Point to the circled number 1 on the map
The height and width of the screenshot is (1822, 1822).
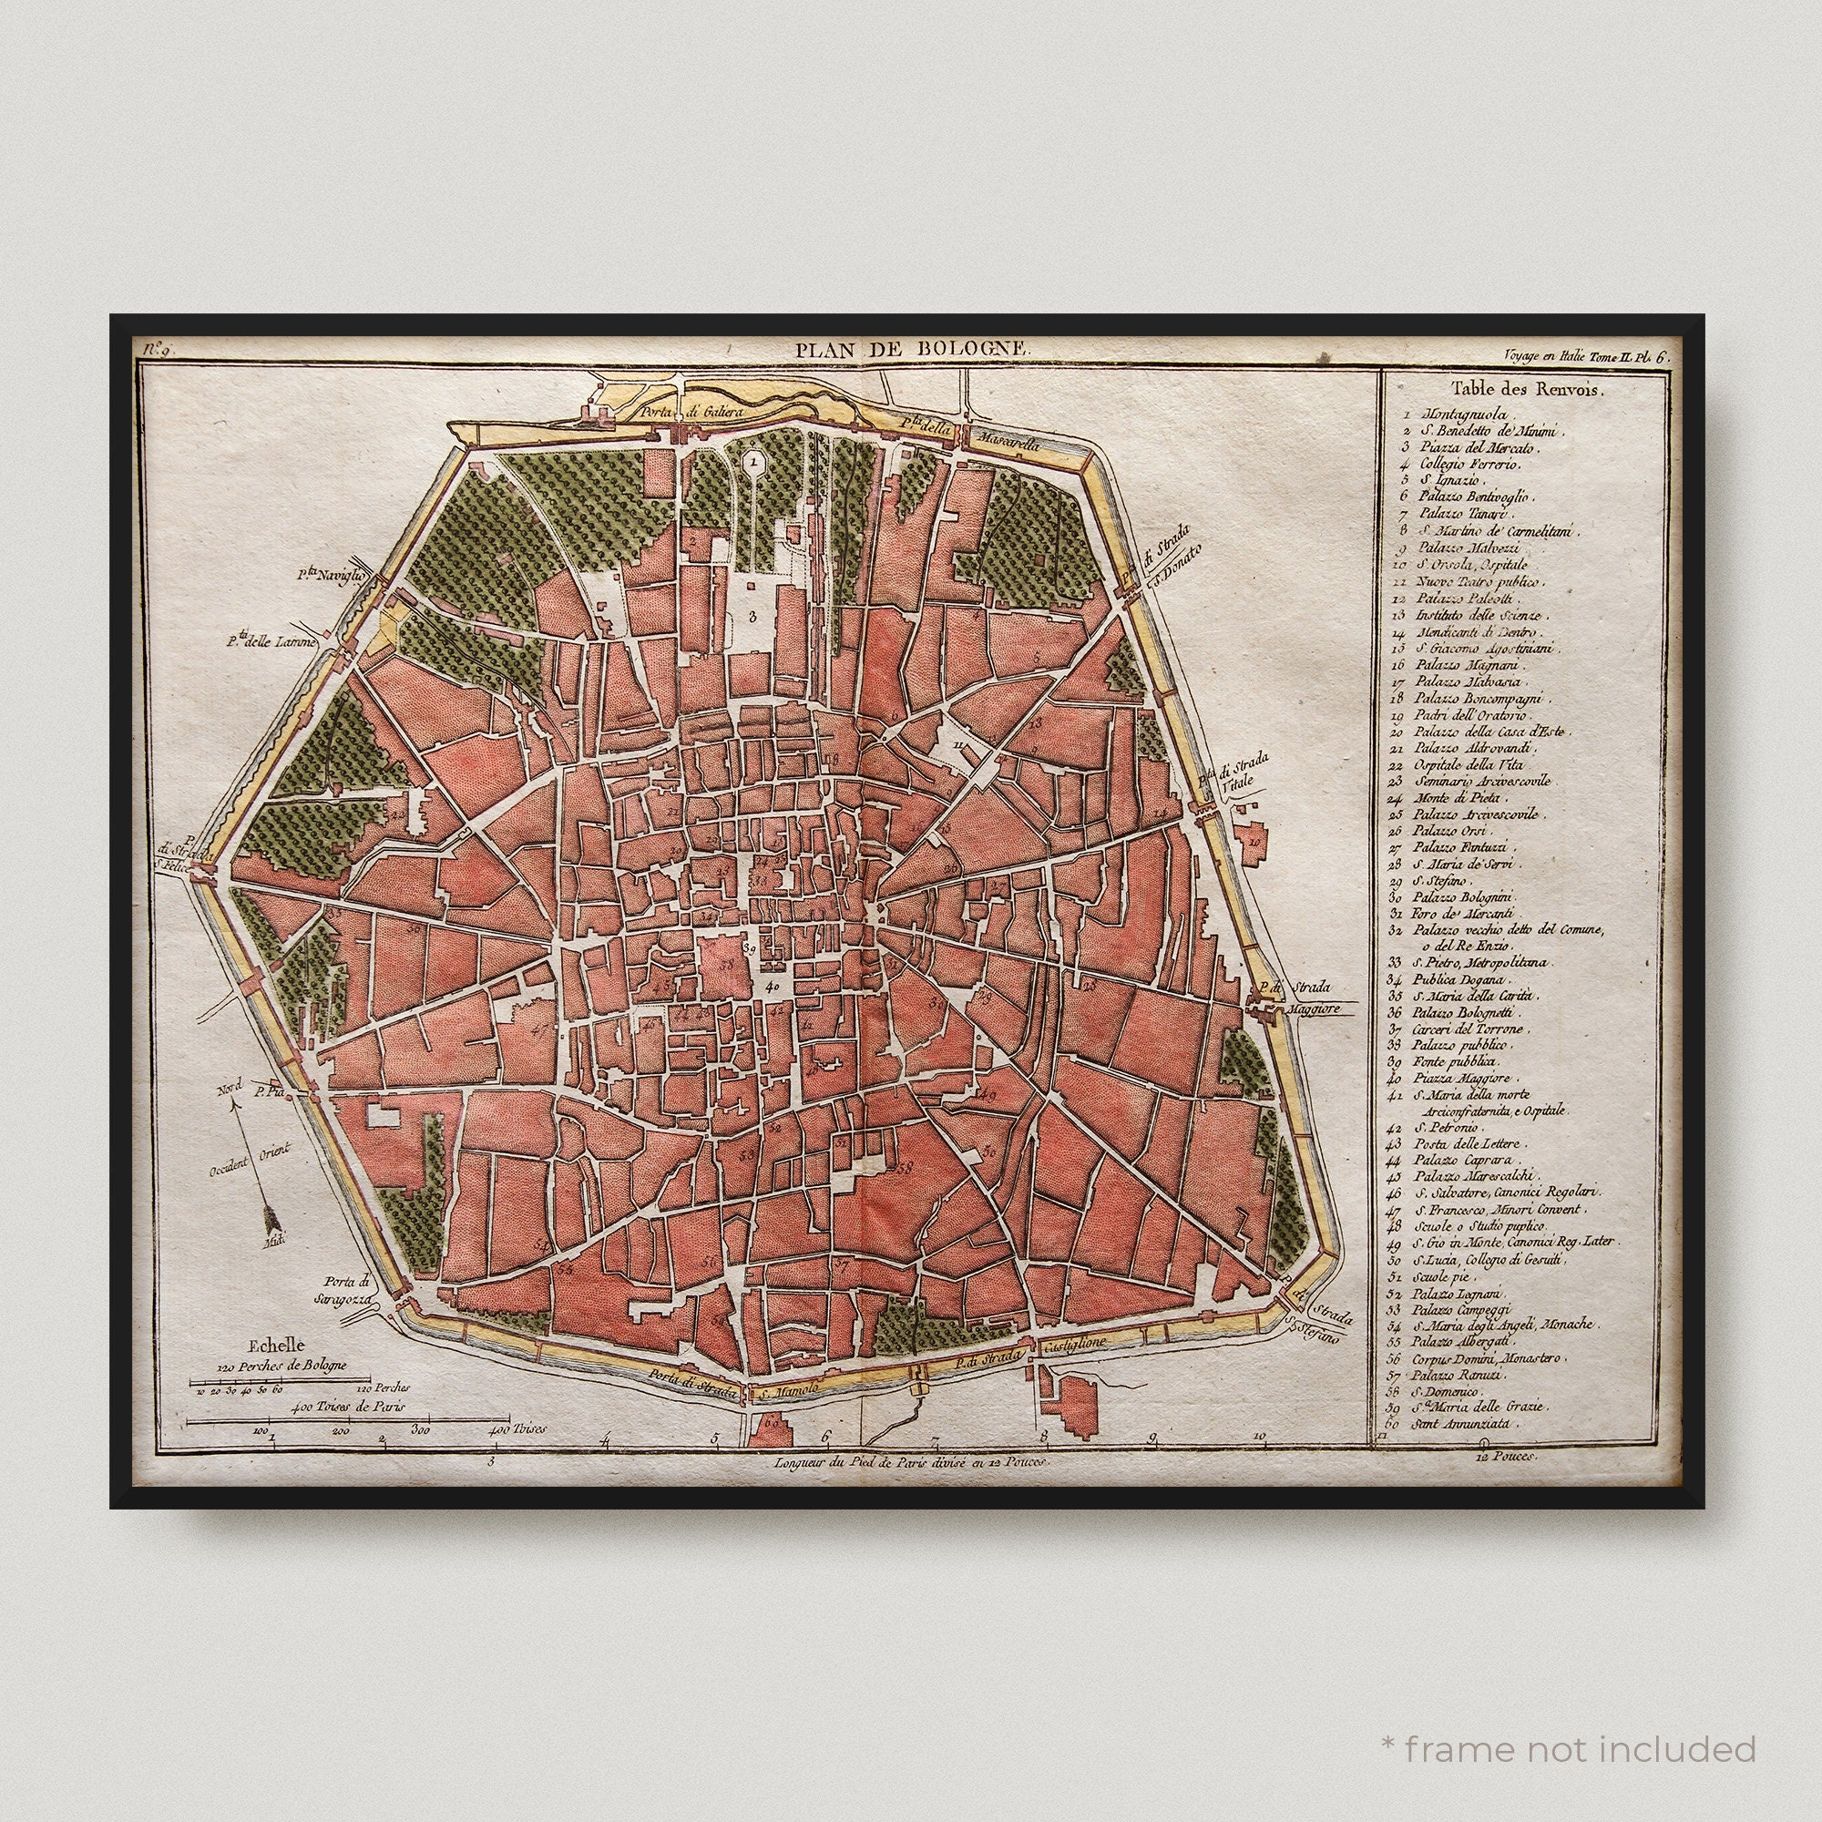tap(752, 462)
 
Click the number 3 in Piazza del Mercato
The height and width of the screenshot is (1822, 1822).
tap(752, 618)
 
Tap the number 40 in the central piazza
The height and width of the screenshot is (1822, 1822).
tap(773, 987)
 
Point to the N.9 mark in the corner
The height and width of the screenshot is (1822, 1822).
tap(157, 350)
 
